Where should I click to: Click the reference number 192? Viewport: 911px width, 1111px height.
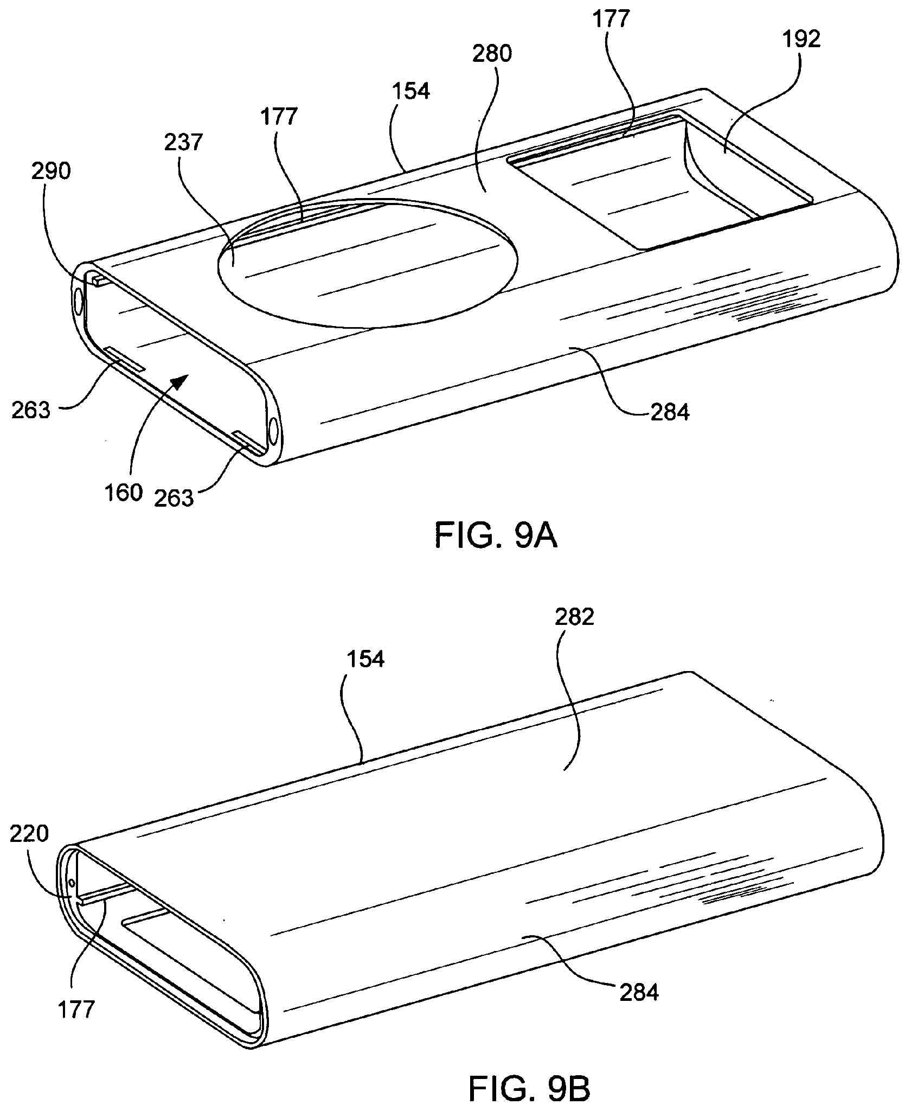coord(801,39)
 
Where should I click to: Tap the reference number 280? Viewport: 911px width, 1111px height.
coord(492,54)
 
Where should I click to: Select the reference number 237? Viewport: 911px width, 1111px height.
coord(183,142)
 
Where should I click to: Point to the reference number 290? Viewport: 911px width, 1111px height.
coord(51,171)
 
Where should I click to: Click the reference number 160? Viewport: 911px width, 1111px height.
coord(124,493)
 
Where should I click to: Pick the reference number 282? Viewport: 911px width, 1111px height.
coord(574,617)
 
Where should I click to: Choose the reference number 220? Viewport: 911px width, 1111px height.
coord(29,834)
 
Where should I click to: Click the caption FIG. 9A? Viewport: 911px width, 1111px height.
coord(496,537)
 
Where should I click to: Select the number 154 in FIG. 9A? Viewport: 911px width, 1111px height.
coord(410,91)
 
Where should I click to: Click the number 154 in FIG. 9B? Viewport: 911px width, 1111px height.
coord(365,659)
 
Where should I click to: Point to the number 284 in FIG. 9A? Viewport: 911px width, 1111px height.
coord(670,413)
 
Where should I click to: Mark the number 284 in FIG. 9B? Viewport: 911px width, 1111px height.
coord(639,993)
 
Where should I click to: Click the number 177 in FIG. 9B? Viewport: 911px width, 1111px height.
coord(76,1010)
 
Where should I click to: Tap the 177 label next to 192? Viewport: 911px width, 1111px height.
coord(611,19)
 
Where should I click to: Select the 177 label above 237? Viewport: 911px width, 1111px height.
coord(279,117)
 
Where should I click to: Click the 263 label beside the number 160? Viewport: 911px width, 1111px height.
coord(174,498)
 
